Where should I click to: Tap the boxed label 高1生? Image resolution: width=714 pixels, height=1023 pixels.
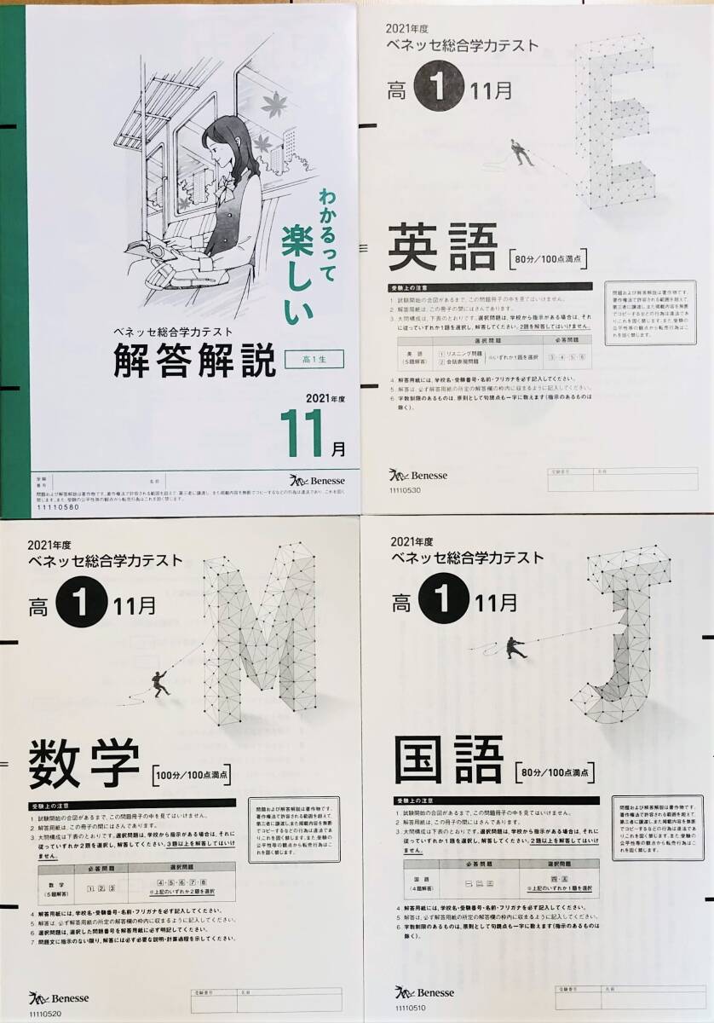[313, 360]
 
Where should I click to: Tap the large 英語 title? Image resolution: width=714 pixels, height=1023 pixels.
[442, 248]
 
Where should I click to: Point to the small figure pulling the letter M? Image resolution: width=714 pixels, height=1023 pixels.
[159, 681]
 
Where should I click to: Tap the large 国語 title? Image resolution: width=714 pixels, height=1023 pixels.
[449, 761]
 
